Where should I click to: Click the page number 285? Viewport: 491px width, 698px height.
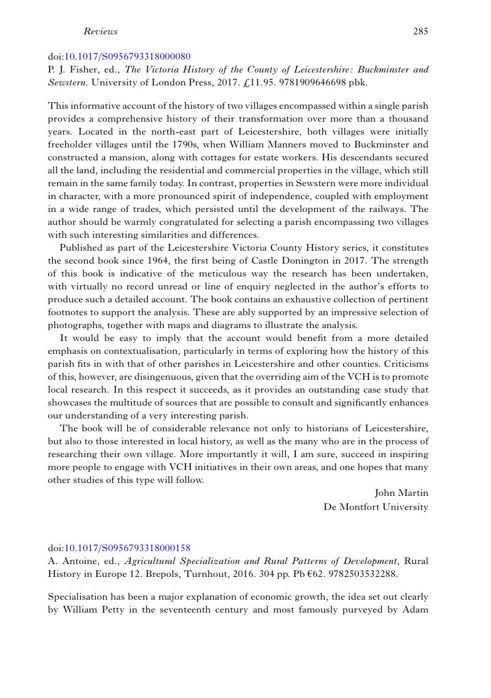click(x=420, y=31)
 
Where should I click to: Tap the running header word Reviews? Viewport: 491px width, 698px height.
click(x=100, y=31)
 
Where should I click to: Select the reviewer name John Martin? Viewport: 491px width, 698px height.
click(x=401, y=493)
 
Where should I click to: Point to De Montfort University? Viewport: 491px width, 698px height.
click(x=376, y=507)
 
